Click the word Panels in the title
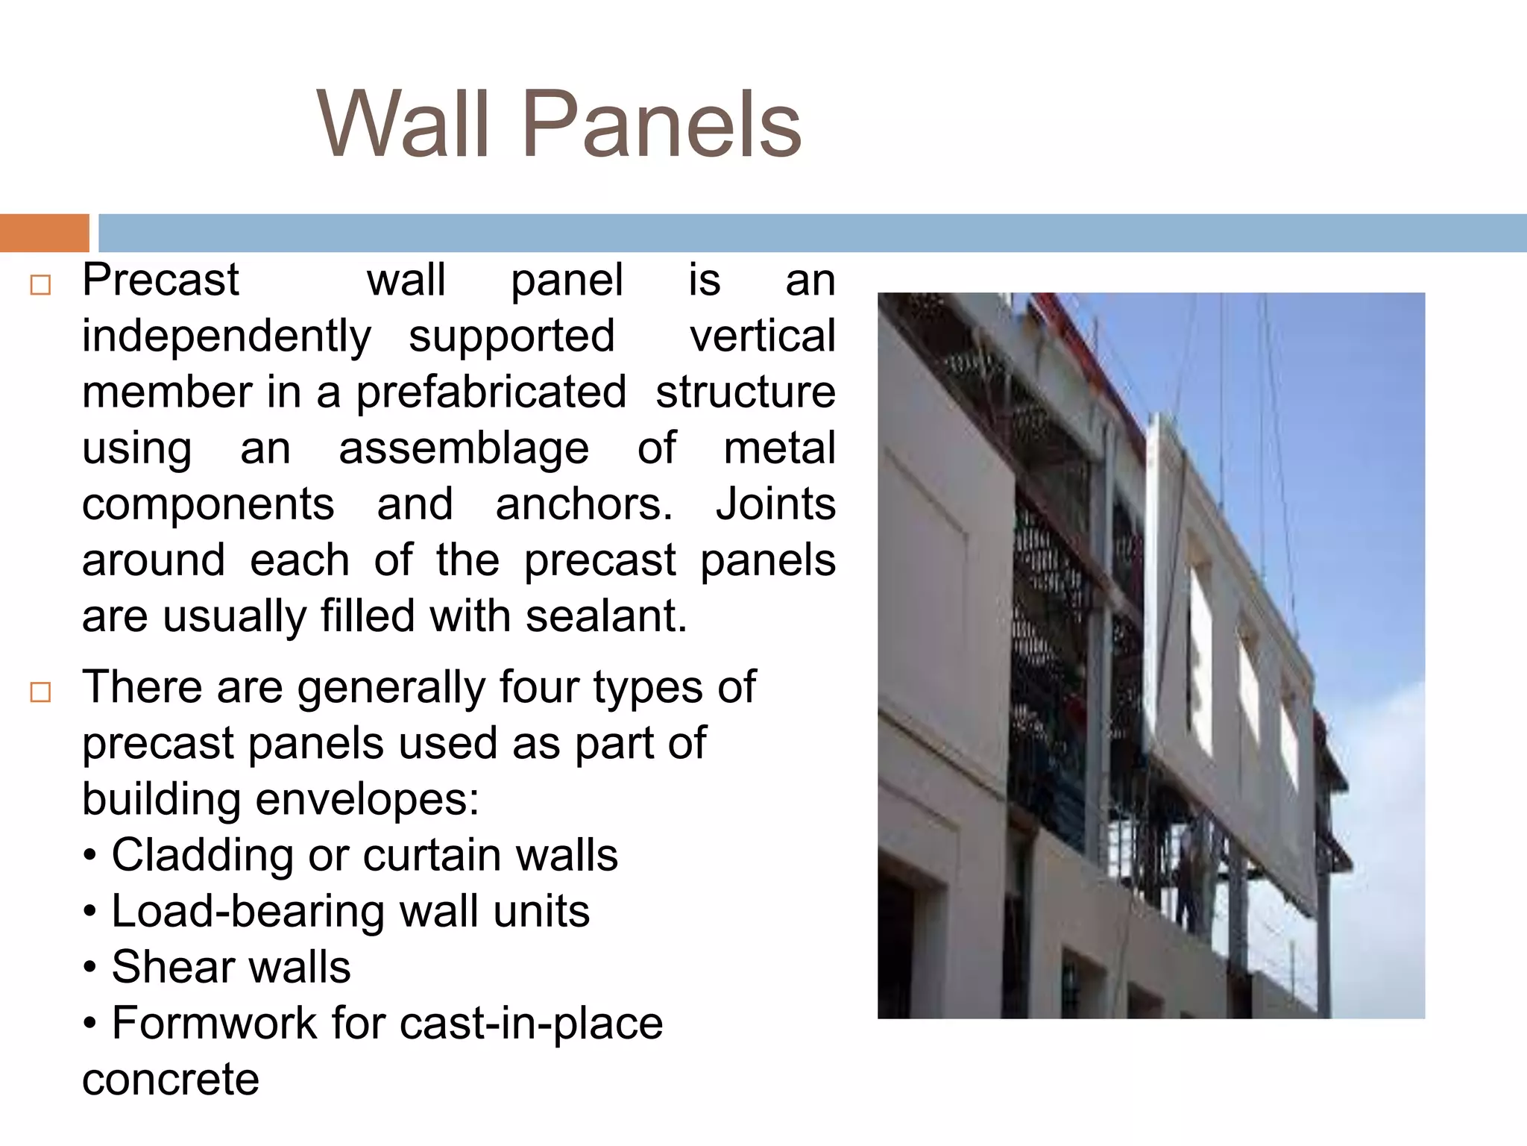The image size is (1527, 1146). pos(661,125)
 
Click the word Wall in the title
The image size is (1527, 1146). pos(403,125)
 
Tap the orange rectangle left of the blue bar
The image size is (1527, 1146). pos(44,233)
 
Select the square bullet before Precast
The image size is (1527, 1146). pos(40,286)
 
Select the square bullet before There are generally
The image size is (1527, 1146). pos(40,692)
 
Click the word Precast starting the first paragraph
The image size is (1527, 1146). pos(160,281)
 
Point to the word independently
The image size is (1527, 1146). pos(226,336)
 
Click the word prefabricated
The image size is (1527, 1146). pos(491,392)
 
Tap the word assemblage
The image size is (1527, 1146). pos(464,448)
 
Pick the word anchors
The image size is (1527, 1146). pos(584,504)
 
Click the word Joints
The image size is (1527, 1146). pos(775,504)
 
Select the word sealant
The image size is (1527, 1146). pos(605,617)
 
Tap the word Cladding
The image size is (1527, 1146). pos(202,856)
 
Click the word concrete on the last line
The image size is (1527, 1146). pos(171,1080)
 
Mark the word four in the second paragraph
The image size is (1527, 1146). pos(540,687)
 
